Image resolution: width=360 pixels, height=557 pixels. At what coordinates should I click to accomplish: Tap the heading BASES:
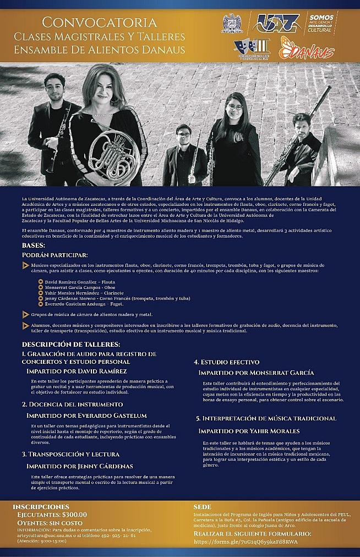click(34, 245)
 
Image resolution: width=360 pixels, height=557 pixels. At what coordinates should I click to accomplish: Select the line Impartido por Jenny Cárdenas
click(80, 466)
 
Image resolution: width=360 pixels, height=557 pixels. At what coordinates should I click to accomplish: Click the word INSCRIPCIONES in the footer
click(41, 506)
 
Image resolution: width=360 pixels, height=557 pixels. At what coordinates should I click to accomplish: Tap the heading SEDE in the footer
click(203, 506)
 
